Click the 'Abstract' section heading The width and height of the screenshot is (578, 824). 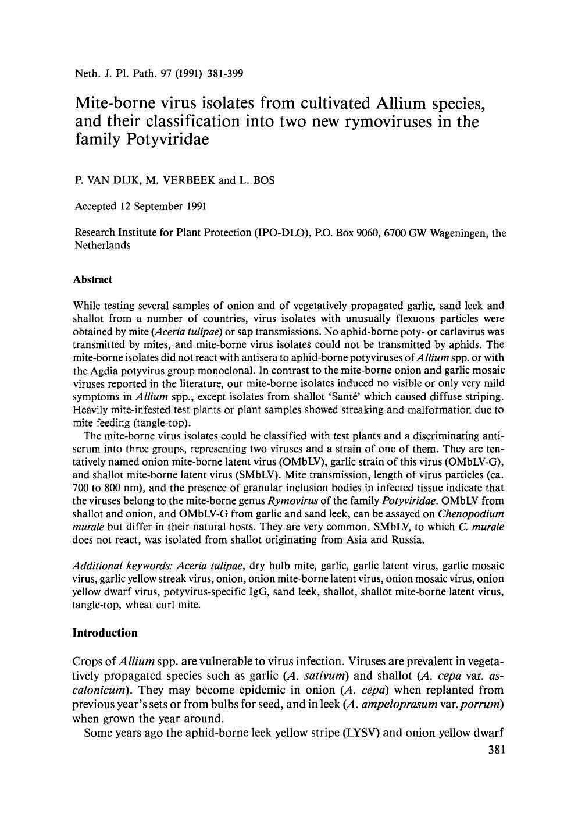coord(92,279)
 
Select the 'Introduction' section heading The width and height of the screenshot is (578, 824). coord(105,633)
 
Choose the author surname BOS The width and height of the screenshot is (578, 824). coord(263,180)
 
